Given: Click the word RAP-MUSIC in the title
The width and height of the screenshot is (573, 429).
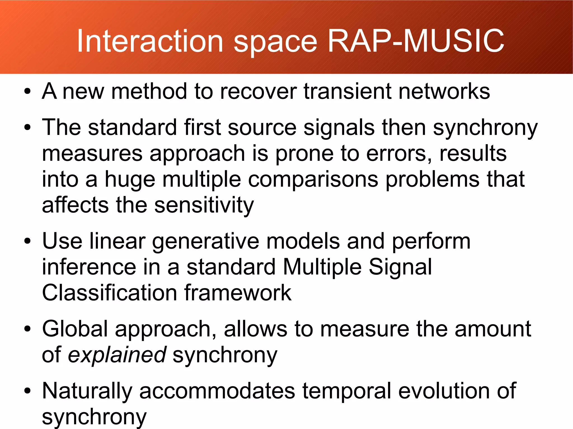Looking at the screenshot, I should [x=416, y=41].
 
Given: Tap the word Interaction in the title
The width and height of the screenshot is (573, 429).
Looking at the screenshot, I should [x=150, y=41].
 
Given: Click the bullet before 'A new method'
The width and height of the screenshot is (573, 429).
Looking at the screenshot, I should [x=27, y=91].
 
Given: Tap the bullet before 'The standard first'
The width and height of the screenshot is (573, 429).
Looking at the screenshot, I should [x=27, y=127].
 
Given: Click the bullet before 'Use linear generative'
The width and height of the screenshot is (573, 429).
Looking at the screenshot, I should [x=27, y=241].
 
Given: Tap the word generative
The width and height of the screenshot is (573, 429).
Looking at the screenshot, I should [x=206, y=241].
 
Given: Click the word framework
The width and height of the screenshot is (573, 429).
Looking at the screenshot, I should [x=238, y=293].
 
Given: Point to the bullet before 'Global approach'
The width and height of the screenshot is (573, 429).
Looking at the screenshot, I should [x=27, y=329].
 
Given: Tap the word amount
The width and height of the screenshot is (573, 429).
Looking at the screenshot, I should [x=493, y=329].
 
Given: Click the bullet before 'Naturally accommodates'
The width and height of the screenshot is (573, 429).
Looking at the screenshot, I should [x=27, y=391].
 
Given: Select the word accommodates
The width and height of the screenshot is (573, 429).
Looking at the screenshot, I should [x=217, y=391].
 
